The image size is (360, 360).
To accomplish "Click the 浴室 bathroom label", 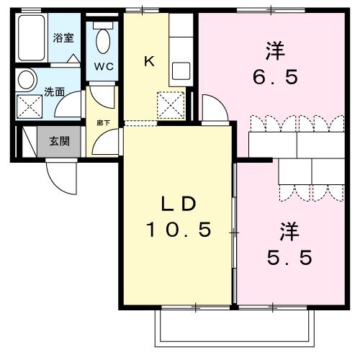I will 63,37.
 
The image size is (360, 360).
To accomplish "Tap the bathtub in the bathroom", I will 31,37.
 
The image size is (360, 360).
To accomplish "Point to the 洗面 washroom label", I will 54,92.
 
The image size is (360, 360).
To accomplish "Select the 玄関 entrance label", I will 60,141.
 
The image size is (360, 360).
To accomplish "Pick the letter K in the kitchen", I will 149,61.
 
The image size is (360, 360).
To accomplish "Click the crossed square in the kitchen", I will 171,107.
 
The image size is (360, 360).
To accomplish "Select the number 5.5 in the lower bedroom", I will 286,258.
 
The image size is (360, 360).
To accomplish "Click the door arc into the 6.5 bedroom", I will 215,108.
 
